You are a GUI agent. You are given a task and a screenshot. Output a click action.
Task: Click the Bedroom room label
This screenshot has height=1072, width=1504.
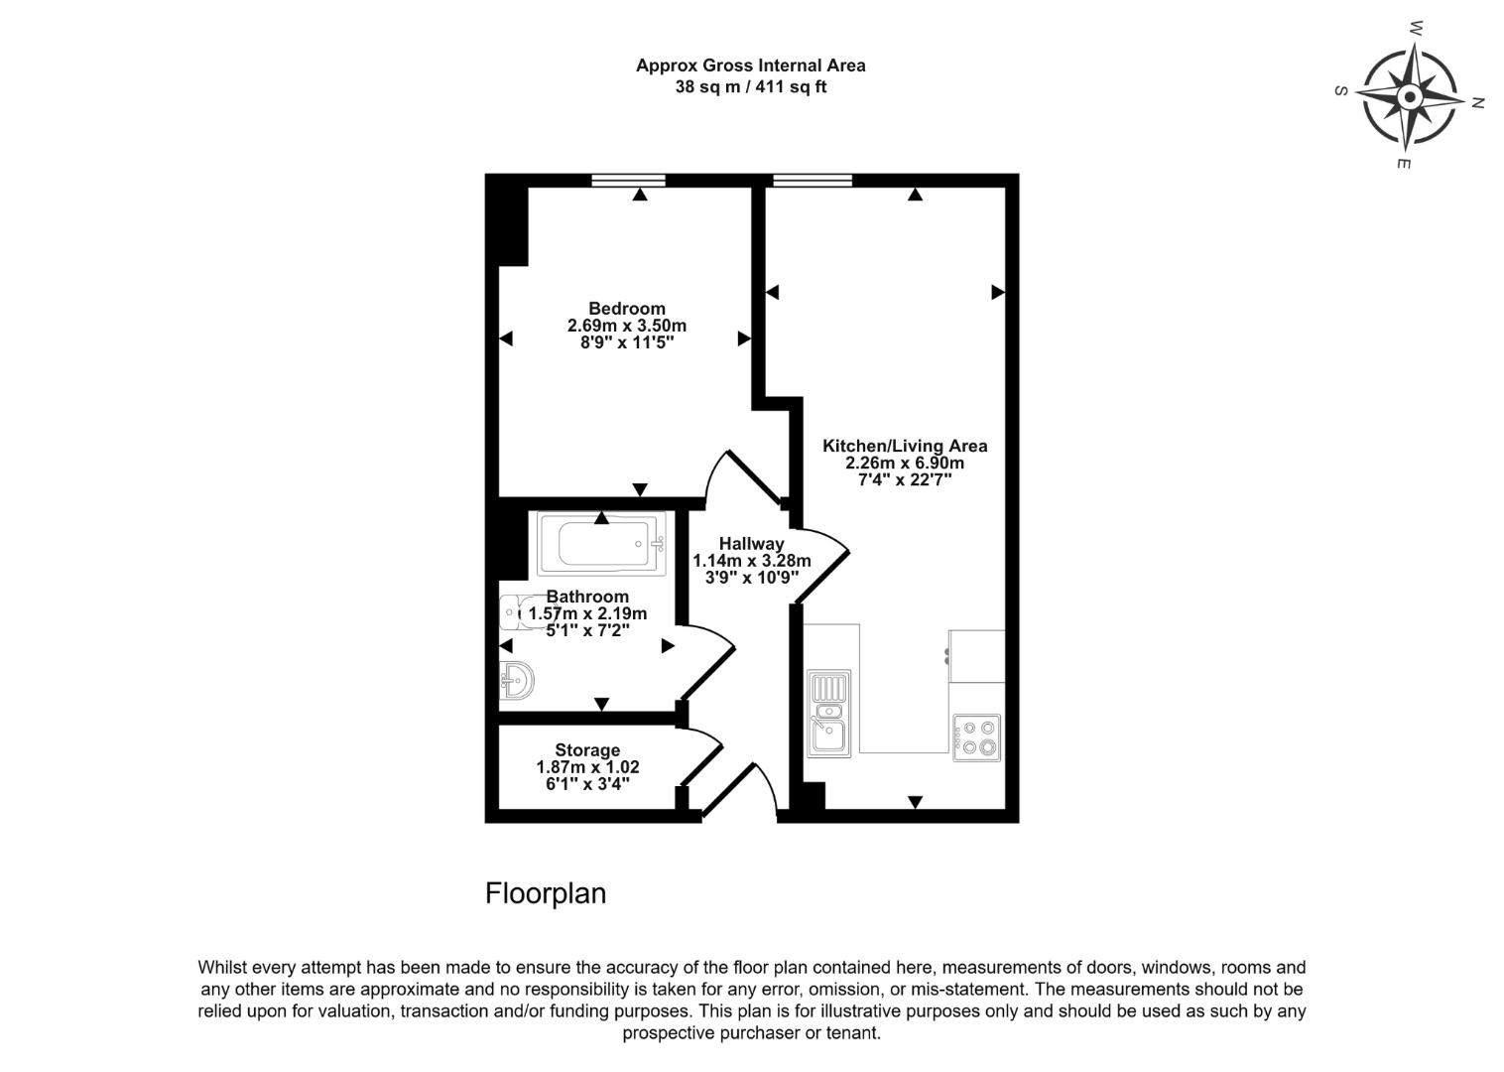pos(626,309)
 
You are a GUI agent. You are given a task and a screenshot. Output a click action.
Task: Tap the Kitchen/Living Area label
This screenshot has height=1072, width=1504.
pos(904,446)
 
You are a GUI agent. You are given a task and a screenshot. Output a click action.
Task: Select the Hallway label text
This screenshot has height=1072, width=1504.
pos(751,544)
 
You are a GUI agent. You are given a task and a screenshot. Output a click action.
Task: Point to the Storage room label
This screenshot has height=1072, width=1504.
pos(587,750)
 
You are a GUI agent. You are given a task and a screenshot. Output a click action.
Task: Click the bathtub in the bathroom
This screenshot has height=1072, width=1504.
pos(601,544)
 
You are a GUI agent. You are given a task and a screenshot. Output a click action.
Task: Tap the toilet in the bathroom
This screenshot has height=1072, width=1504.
pos(515,613)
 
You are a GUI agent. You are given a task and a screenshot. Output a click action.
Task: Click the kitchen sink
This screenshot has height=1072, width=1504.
pos(827,715)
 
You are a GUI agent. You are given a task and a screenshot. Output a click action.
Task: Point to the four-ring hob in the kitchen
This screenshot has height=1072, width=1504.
pos(976,737)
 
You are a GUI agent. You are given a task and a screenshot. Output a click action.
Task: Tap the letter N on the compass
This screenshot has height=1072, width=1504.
pos(1476,102)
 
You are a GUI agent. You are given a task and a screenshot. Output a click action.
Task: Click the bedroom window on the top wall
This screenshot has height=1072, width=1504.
pos(627,181)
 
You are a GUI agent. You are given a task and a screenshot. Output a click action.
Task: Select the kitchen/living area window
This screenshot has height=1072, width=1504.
pos(812,181)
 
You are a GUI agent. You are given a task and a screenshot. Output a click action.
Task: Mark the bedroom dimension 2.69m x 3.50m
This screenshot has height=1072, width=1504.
pos(626,326)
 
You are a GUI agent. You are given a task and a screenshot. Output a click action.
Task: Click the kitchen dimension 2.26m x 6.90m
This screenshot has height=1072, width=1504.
pos(904,463)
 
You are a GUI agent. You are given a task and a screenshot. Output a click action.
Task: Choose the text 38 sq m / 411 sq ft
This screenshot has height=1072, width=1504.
pos(750,87)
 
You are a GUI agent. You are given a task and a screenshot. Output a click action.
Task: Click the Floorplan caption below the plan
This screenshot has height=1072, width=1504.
pos(545,893)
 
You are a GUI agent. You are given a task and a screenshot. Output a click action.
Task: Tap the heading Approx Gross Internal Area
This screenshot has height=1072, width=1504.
pos(750,66)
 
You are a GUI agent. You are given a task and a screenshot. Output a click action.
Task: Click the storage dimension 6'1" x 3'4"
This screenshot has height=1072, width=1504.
pos(587,784)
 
